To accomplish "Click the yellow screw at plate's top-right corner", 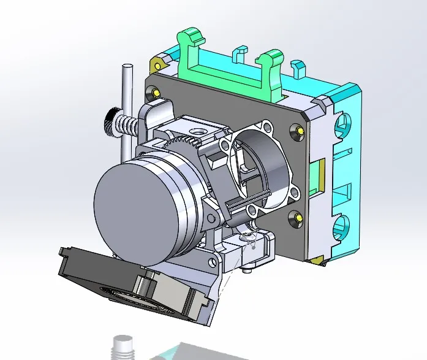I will pos(299,130).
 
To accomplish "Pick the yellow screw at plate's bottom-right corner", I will pos(297,216).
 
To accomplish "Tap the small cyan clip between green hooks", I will pos(240,53).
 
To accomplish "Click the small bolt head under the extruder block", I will pos(247,268).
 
